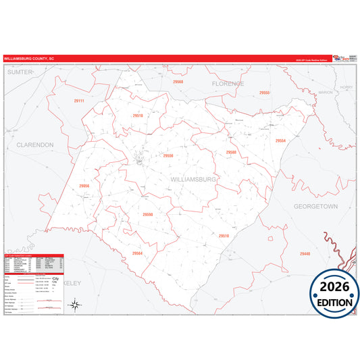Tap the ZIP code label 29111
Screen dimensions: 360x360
pos(79,101)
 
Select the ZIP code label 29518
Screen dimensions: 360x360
pos(138,115)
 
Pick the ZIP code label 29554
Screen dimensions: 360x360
pos(280,140)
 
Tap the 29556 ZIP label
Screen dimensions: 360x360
pos(168,155)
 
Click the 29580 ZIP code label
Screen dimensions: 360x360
pos(232,152)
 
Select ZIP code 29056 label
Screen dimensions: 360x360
pos(84,185)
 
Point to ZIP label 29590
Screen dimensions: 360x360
pos(148,214)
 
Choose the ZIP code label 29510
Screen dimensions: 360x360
pos(224,236)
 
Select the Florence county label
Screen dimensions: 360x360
pos(228,83)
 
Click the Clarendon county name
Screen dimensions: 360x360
pos(34,145)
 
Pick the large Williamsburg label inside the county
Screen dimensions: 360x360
pos(193,180)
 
